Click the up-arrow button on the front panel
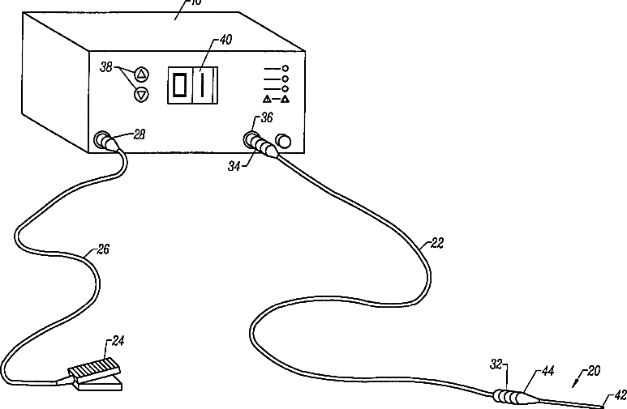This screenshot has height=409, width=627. pyautogui.click(x=142, y=75)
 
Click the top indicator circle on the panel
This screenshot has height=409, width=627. pyautogui.click(x=286, y=67)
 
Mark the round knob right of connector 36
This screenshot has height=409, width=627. pyautogui.click(x=283, y=142)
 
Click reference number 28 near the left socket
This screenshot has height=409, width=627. pyautogui.click(x=139, y=134)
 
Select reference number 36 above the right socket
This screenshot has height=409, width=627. pyautogui.click(x=266, y=119)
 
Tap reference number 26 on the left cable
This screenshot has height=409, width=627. pyautogui.click(x=103, y=249)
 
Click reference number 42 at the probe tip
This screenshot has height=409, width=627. pyautogui.click(x=620, y=394)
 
